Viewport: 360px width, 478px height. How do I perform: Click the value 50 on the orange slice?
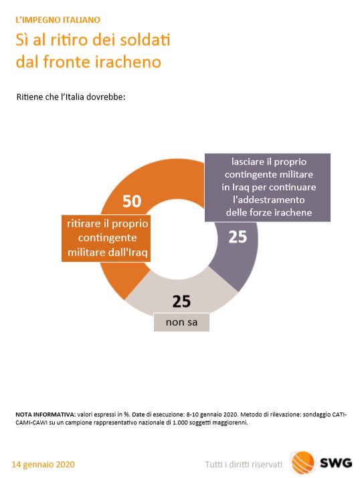[x=132, y=202]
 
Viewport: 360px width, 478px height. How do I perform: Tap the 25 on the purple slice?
[x=238, y=237]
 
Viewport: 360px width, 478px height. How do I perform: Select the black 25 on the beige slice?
[x=181, y=301]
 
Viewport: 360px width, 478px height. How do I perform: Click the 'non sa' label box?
[x=181, y=322]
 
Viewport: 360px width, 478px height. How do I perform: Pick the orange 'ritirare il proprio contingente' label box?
[x=106, y=238]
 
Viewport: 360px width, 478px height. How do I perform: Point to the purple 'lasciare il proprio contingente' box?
[x=268, y=187]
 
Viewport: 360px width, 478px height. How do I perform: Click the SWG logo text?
[x=336, y=463]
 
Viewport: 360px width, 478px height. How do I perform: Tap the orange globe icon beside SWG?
[x=303, y=463]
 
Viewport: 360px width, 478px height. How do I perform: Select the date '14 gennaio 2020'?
[x=43, y=465]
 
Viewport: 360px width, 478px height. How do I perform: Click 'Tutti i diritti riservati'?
[x=244, y=465]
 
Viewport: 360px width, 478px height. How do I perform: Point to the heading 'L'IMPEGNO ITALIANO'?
[x=58, y=20]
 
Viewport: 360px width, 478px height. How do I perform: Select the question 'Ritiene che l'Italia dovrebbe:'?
[x=71, y=97]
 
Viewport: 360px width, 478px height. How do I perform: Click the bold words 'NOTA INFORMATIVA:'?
[x=46, y=414]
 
